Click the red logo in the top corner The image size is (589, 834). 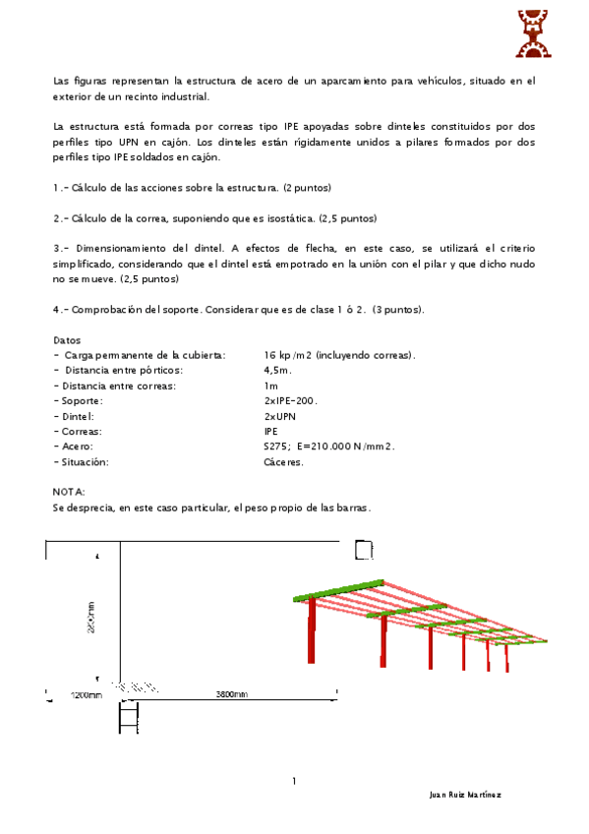pos(533,33)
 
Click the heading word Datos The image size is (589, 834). pos(67,339)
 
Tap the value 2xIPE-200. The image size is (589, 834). pos(291,400)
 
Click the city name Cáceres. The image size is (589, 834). pos(284,461)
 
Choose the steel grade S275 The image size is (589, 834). pos(277,447)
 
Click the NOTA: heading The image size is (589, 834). pos(69,492)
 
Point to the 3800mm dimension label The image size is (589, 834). pos(232,694)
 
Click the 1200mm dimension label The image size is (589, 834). pos(87,694)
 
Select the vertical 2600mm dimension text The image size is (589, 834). pos(90,618)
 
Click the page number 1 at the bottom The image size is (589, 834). pos(294,781)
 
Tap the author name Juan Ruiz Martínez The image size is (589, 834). pos(465,794)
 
